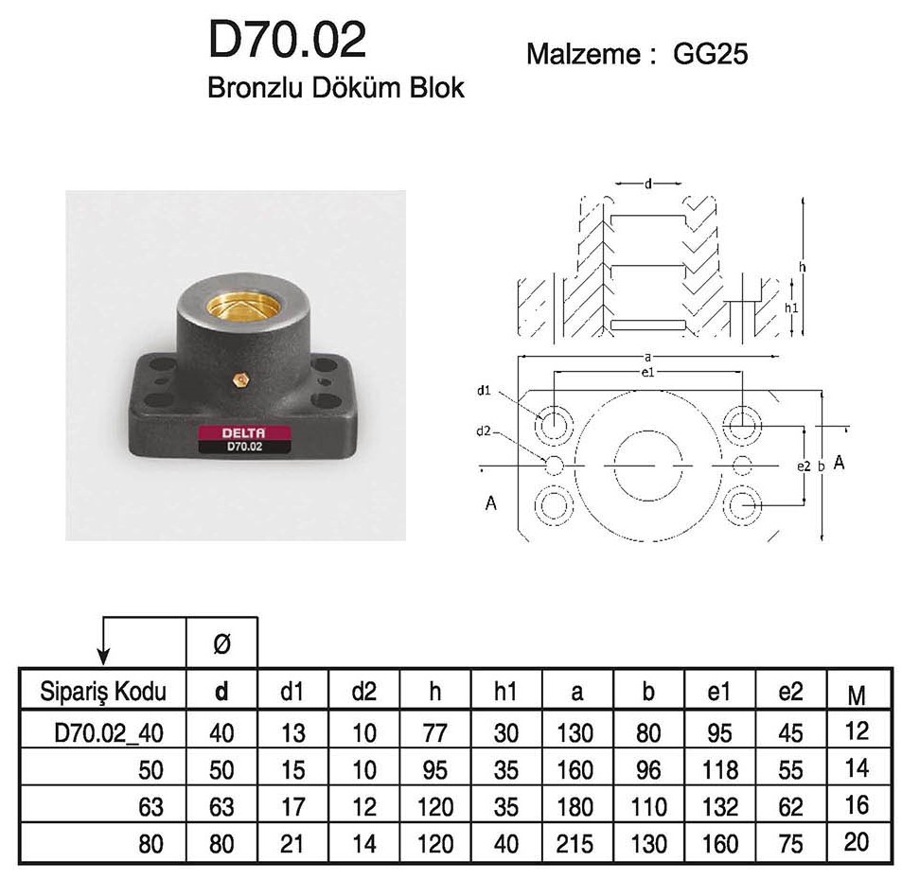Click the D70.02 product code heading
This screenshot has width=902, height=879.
point(287,40)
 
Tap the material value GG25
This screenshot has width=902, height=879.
point(710,54)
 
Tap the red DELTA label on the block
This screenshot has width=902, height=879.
point(244,433)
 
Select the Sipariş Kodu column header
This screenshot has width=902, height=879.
point(103,691)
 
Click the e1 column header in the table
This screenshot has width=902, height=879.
point(718,692)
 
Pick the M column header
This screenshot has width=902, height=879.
point(857,695)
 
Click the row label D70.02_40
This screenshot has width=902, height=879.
point(109,733)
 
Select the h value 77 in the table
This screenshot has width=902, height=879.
point(434,733)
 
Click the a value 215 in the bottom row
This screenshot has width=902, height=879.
point(575,843)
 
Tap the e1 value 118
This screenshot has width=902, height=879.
point(719,770)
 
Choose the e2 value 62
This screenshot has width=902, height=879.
point(790,806)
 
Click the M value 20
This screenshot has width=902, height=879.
point(857,842)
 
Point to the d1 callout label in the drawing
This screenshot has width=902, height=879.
point(484,391)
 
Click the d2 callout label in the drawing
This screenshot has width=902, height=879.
point(484,431)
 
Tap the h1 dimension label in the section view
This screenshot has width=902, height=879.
point(791,308)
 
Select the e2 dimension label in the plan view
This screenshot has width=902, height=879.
point(804,466)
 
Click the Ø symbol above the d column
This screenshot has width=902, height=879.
point(221,643)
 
